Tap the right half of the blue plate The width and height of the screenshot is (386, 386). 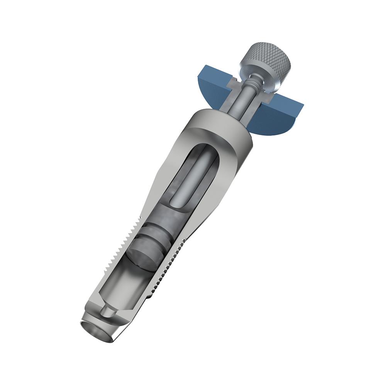(x=284, y=116)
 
